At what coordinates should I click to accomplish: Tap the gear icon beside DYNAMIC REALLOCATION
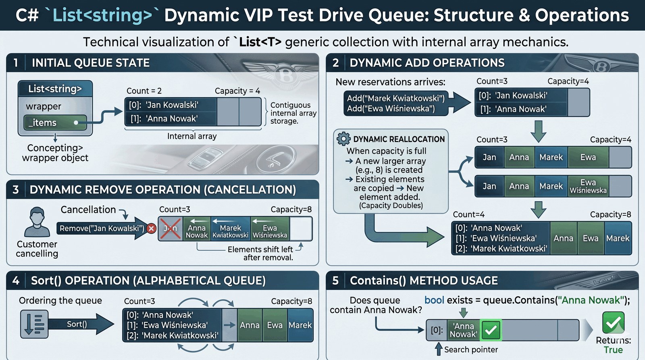(343, 139)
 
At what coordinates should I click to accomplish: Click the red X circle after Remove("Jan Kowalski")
(152, 229)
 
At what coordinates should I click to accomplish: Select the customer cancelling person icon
(37, 222)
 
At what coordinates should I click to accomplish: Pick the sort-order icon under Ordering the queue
(34, 324)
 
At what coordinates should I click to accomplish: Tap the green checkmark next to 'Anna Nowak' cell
(491, 331)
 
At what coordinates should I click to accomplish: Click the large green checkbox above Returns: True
(613, 323)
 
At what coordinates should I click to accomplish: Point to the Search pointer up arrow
(439, 349)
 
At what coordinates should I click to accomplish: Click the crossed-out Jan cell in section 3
(171, 229)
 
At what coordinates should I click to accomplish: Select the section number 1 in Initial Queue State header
(16, 63)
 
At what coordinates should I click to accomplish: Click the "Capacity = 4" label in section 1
(237, 91)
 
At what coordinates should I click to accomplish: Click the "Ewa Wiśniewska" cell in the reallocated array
(588, 186)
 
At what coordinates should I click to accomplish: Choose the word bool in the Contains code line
(434, 300)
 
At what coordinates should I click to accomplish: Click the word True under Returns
(613, 350)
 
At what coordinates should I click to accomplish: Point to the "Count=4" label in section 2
(468, 215)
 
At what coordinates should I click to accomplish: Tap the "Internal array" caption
(192, 137)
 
